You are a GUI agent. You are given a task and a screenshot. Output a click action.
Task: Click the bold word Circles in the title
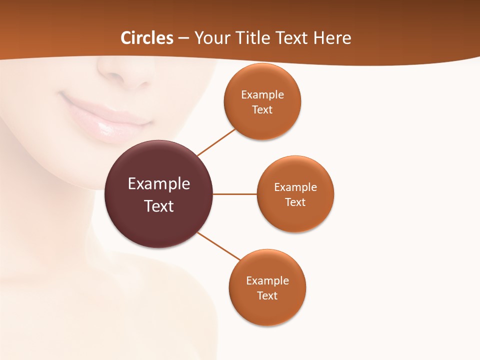[146, 38]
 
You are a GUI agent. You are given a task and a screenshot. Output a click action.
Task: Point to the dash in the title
[183, 38]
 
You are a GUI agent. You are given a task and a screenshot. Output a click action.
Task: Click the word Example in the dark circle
[159, 184]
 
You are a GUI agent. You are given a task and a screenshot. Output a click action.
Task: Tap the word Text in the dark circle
[159, 206]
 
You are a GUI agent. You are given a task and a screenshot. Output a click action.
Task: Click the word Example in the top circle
[262, 95]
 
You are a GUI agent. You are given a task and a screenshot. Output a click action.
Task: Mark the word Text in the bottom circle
[267, 296]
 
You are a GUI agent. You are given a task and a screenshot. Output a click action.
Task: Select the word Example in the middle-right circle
[295, 187]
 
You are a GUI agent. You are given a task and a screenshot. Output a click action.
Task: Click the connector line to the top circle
[216, 142]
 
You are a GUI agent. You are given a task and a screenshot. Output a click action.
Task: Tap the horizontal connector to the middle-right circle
[235, 194]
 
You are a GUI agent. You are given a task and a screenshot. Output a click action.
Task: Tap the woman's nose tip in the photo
[116, 75]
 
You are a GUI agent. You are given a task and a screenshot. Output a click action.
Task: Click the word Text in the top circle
[262, 110]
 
